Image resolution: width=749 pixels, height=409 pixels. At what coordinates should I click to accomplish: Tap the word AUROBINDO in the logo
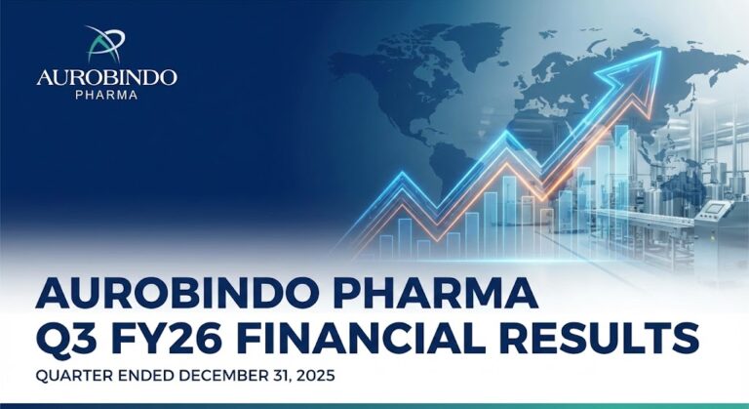106,77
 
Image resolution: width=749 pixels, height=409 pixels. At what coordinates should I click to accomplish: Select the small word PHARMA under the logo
106,95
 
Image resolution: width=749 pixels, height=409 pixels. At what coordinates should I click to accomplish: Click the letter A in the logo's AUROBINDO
45,77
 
